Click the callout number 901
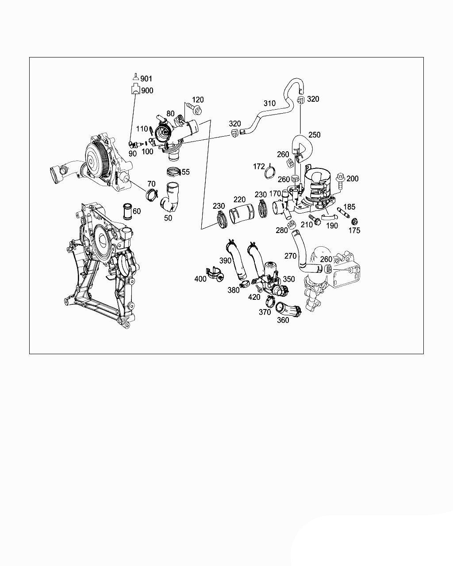146,79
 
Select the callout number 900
147,91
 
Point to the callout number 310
269,103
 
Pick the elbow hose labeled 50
171,199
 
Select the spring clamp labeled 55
174,171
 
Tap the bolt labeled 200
341,180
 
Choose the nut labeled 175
354,221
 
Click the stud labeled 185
343,212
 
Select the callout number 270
290,256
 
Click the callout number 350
288,279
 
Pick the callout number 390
225,260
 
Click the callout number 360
282,320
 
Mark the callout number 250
314,135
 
